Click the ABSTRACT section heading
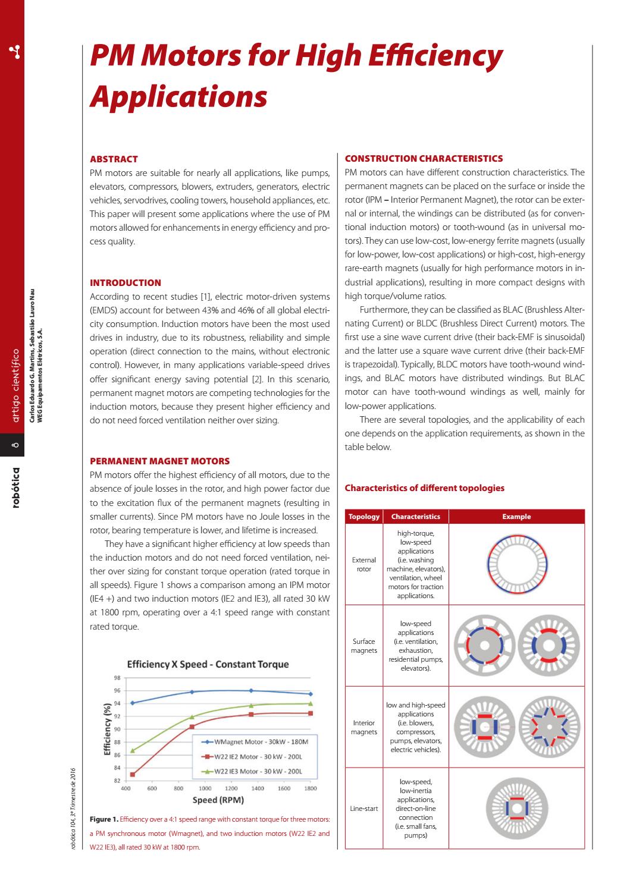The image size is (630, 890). (114, 159)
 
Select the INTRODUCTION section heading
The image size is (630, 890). (125, 283)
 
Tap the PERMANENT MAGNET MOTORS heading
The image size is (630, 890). (159, 461)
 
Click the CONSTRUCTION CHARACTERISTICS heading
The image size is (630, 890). (424, 159)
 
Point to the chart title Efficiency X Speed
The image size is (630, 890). (208, 664)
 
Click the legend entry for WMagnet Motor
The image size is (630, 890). (261, 743)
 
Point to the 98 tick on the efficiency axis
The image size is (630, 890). (117, 678)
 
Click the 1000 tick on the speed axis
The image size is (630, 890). (205, 788)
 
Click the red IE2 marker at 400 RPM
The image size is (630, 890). (133, 774)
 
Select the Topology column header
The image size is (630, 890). (364, 517)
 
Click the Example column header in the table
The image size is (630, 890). (516, 517)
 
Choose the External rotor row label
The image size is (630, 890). (364, 564)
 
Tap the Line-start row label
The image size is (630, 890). (364, 809)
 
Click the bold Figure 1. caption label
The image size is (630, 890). (104, 819)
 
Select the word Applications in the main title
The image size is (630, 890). (178, 96)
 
